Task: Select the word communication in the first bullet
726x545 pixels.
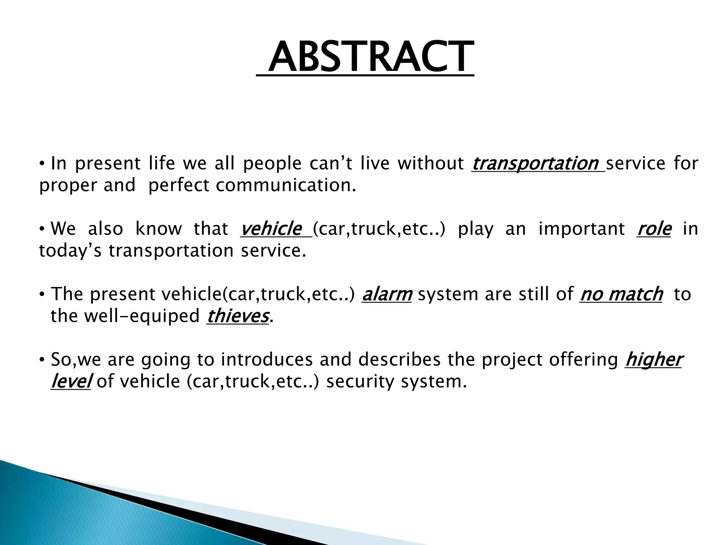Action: tap(285, 186)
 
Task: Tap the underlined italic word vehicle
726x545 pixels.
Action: tap(271, 229)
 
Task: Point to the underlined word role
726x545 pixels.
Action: tap(654, 229)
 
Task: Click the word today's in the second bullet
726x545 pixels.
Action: tap(69, 251)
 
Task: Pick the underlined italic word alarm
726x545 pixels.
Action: tap(387, 294)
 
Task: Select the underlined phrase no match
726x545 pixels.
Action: tap(621, 294)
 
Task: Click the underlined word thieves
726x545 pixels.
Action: tap(237, 316)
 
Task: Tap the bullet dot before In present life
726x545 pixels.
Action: tap(42, 164)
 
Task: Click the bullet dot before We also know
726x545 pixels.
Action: tap(42, 229)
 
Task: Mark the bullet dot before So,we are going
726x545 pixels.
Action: tap(42, 360)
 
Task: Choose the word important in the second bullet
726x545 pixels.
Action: tap(581, 229)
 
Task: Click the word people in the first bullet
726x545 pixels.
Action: tap(272, 164)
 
